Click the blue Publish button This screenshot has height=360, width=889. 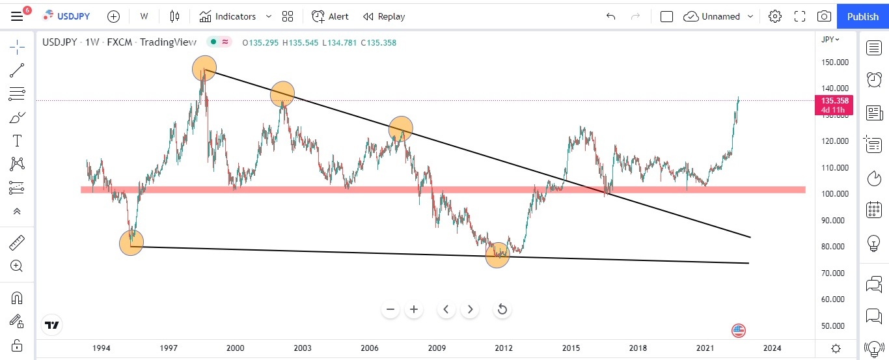[862, 16]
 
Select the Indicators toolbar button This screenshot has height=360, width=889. [228, 16]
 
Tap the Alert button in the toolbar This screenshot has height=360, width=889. [330, 16]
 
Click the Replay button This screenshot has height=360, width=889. [384, 16]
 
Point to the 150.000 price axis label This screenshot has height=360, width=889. [834, 62]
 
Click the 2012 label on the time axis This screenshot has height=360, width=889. [504, 348]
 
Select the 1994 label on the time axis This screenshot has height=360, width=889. [101, 348]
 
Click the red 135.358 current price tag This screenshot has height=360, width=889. [834, 101]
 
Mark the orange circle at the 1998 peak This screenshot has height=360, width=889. [204, 68]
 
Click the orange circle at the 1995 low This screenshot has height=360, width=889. [131, 243]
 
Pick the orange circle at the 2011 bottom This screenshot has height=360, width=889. [498, 255]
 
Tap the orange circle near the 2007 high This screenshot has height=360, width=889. [401, 128]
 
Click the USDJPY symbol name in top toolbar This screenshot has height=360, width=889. [72, 16]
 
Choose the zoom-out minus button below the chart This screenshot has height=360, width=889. [390, 309]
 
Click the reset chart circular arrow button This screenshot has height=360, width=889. [502, 309]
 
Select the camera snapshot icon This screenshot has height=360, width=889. [824, 16]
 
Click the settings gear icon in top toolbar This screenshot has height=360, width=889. [774, 16]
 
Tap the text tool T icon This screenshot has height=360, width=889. [17, 141]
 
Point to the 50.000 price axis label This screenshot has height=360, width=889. [834, 326]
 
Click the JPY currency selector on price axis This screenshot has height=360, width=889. [830, 39]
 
